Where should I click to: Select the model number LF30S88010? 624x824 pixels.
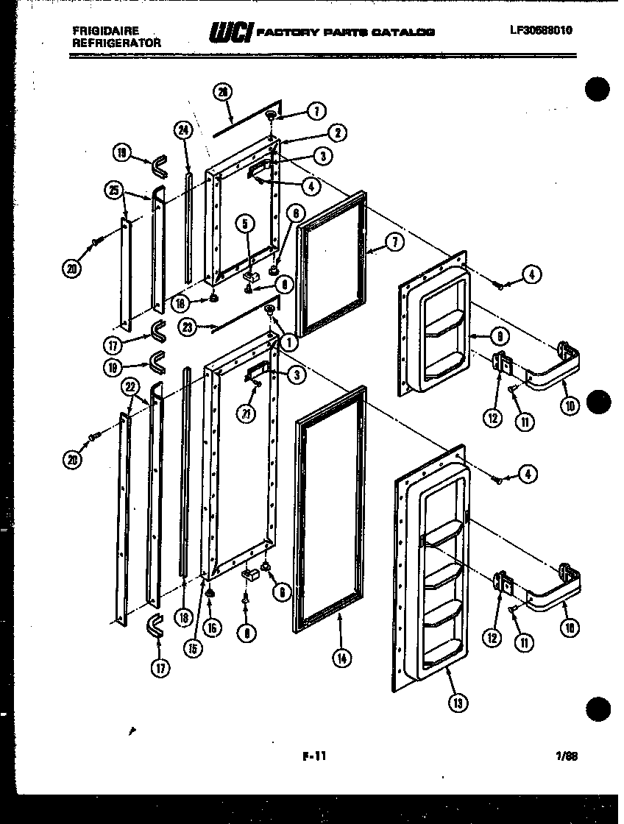[540, 30]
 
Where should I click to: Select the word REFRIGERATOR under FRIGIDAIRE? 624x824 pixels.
[117, 43]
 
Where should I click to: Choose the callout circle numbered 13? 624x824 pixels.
[458, 703]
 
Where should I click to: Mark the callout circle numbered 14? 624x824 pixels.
[341, 659]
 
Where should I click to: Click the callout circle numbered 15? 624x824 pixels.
[193, 649]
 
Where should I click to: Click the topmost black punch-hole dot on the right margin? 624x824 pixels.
[598, 90]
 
